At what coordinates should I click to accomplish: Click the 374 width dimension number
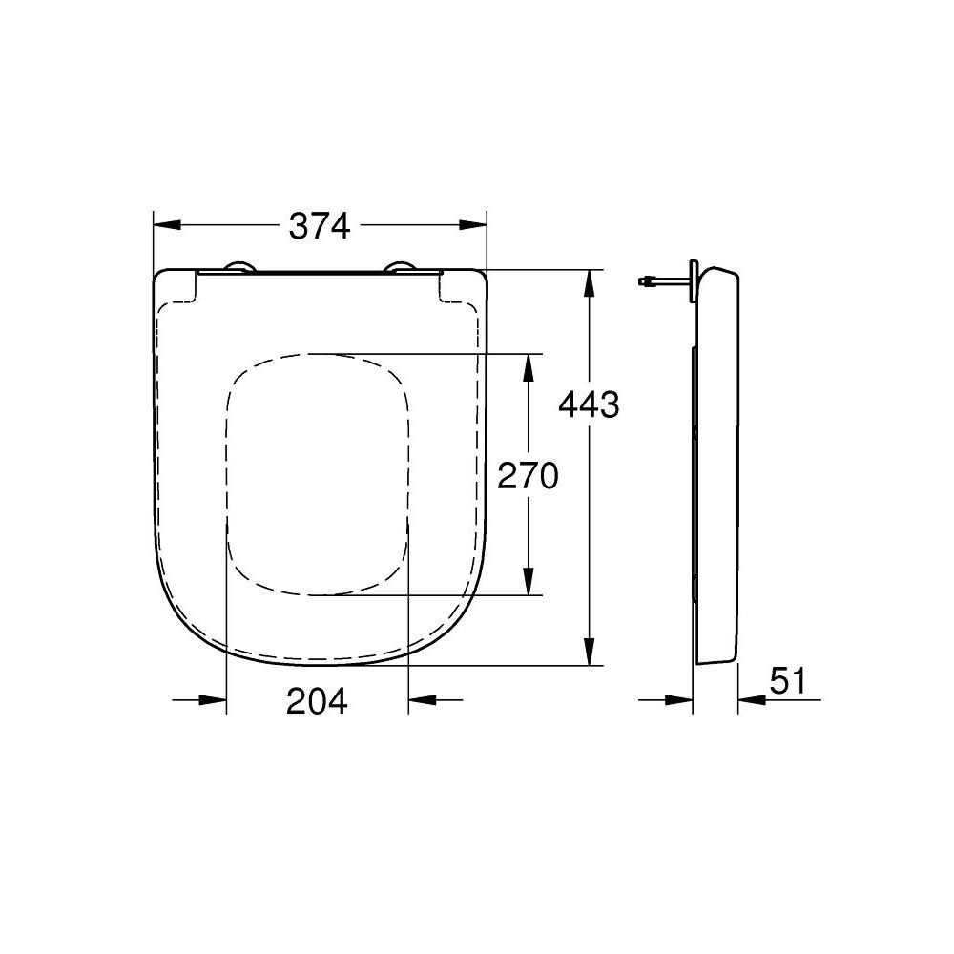(321, 226)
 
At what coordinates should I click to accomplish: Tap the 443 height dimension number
(589, 405)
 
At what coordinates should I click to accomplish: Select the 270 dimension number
(528, 474)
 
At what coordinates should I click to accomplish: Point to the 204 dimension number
(318, 701)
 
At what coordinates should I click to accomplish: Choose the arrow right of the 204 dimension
(421, 700)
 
